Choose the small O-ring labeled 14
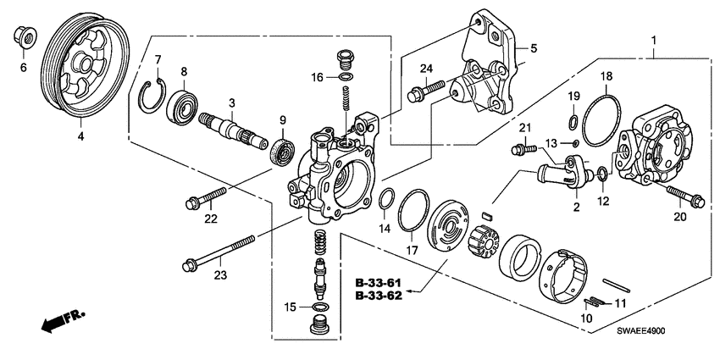[x=385, y=200]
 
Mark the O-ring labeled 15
[x=321, y=306]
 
